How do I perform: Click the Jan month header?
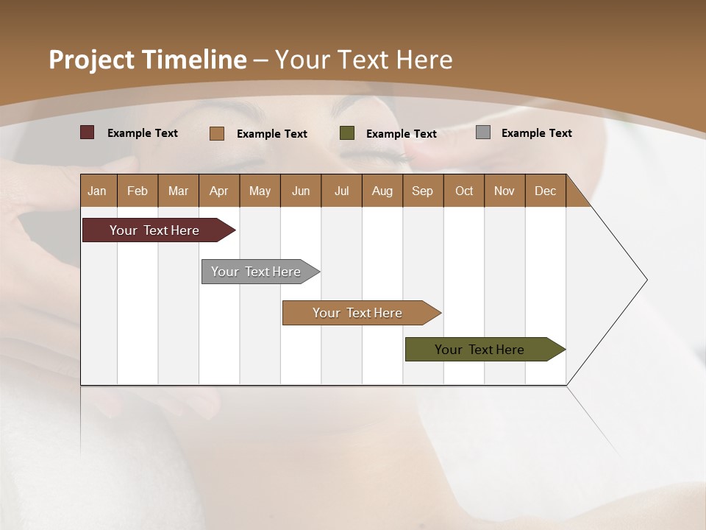[98, 191]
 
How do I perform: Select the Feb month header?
[138, 191]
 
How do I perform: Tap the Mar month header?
[178, 191]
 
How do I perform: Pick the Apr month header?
[219, 191]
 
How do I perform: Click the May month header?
[260, 191]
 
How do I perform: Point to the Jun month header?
[301, 191]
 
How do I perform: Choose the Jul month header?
[341, 191]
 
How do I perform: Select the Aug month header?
[382, 191]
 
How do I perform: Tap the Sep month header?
[423, 191]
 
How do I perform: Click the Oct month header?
[464, 191]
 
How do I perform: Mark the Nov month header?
[504, 191]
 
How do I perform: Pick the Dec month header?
[546, 191]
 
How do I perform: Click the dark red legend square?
[88, 132]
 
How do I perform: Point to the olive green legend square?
[347, 133]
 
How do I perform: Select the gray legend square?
[483, 132]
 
